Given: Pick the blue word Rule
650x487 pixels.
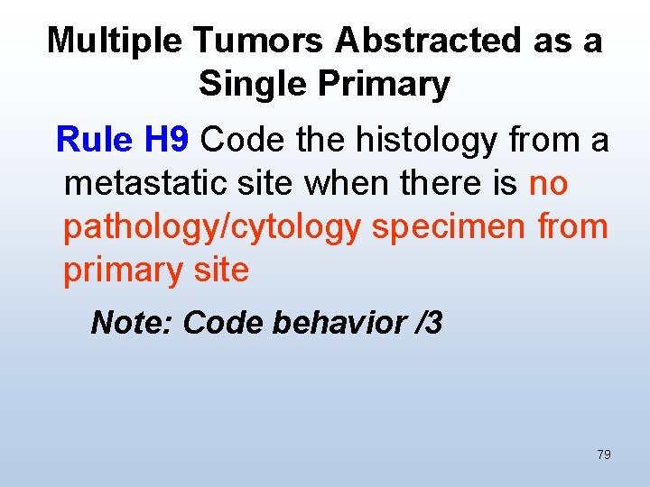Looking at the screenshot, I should [x=95, y=140].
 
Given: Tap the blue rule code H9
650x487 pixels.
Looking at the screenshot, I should [x=166, y=140].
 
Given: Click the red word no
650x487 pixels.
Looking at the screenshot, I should [x=548, y=183].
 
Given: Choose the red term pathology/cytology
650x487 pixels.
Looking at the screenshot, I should [x=212, y=226].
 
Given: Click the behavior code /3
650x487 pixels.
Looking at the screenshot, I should [x=425, y=322].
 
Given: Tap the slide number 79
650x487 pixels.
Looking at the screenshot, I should [x=604, y=455].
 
